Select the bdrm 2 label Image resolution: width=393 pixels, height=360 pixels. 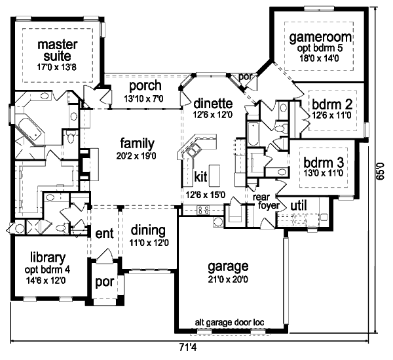tap(332, 103)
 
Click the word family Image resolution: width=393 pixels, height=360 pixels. tap(137, 143)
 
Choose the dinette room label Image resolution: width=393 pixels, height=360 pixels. tap(214, 103)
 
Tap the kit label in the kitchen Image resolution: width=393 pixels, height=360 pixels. tap(201, 176)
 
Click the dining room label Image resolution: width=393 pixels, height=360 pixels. tap(147, 230)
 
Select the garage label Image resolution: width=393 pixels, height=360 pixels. tap(227, 267)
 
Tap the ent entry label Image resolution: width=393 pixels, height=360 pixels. tap(105, 233)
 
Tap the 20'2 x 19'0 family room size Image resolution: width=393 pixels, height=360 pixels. tap(137, 156)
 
